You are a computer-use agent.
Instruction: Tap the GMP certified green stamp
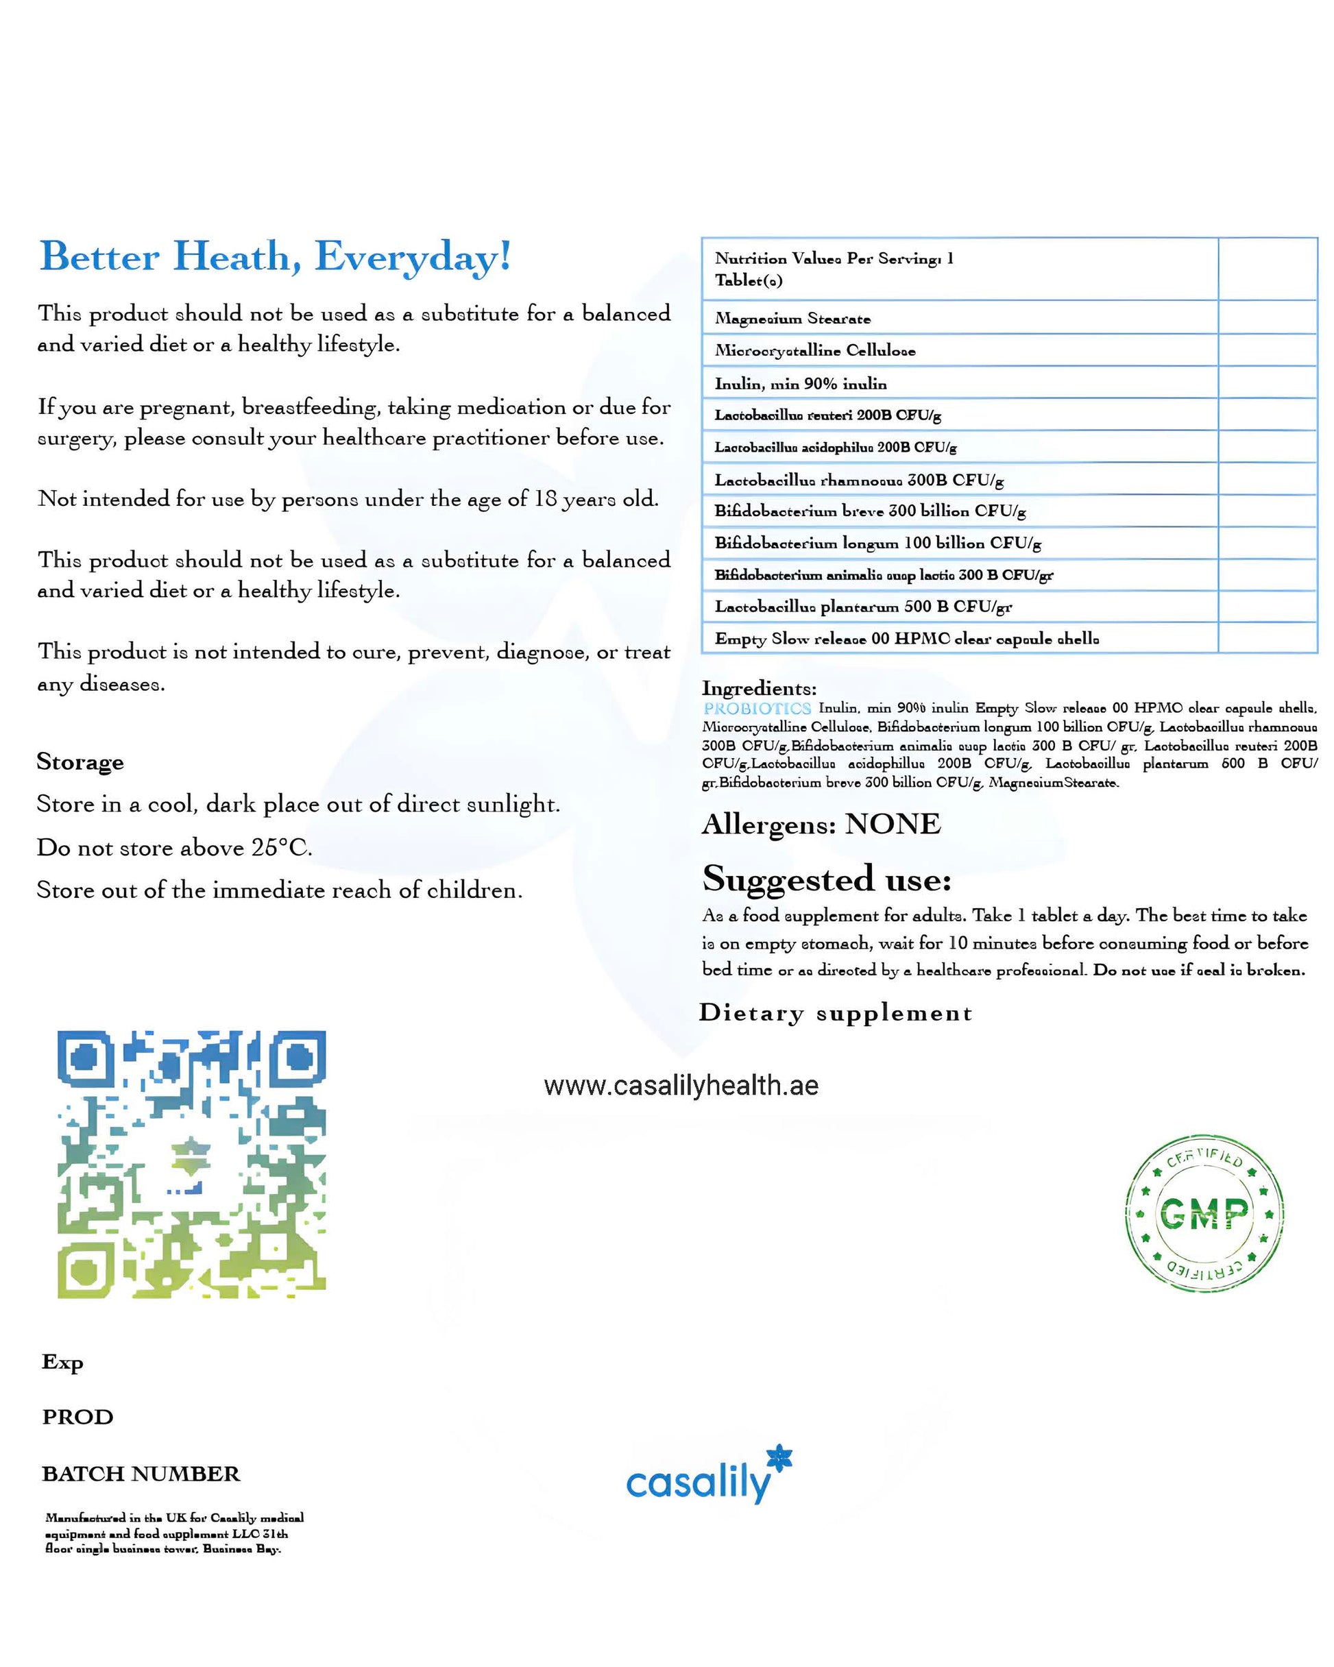pos(1203,1213)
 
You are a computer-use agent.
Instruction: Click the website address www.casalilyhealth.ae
pos(681,1086)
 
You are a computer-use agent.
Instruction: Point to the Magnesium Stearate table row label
pos(792,319)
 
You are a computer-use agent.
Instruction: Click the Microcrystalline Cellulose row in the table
pos(814,351)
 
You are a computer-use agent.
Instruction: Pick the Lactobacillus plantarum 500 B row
pos(862,607)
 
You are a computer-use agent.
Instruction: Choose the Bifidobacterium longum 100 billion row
pos(877,544)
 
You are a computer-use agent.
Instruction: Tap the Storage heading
pos(80,762)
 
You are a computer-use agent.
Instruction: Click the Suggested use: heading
pos(826,879)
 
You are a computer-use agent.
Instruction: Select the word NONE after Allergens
pos(893,824)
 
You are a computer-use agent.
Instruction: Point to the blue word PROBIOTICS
pos(756,708)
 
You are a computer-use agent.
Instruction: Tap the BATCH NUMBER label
pos(141,1474)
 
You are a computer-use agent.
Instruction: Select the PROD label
pos(77,1417)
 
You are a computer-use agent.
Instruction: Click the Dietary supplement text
pos(835,1013)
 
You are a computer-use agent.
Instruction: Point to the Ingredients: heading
pos(759,688)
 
